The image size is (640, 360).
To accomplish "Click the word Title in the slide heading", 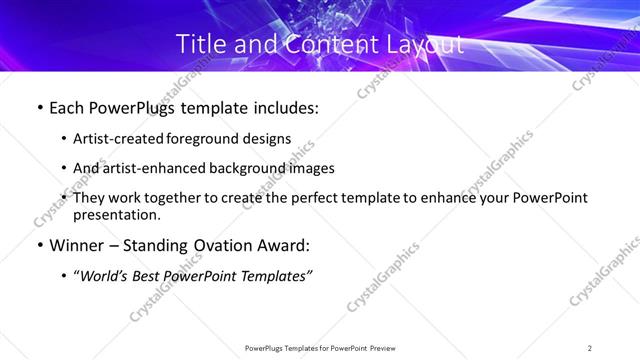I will click(x=200, y=44).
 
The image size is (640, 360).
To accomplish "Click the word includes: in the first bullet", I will click(x=281, y=108).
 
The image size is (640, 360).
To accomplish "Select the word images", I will click(x=310, y=168).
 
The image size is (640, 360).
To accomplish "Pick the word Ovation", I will click(x=227, y=246).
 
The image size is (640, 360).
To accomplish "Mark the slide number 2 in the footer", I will click(x=590, y=347).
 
